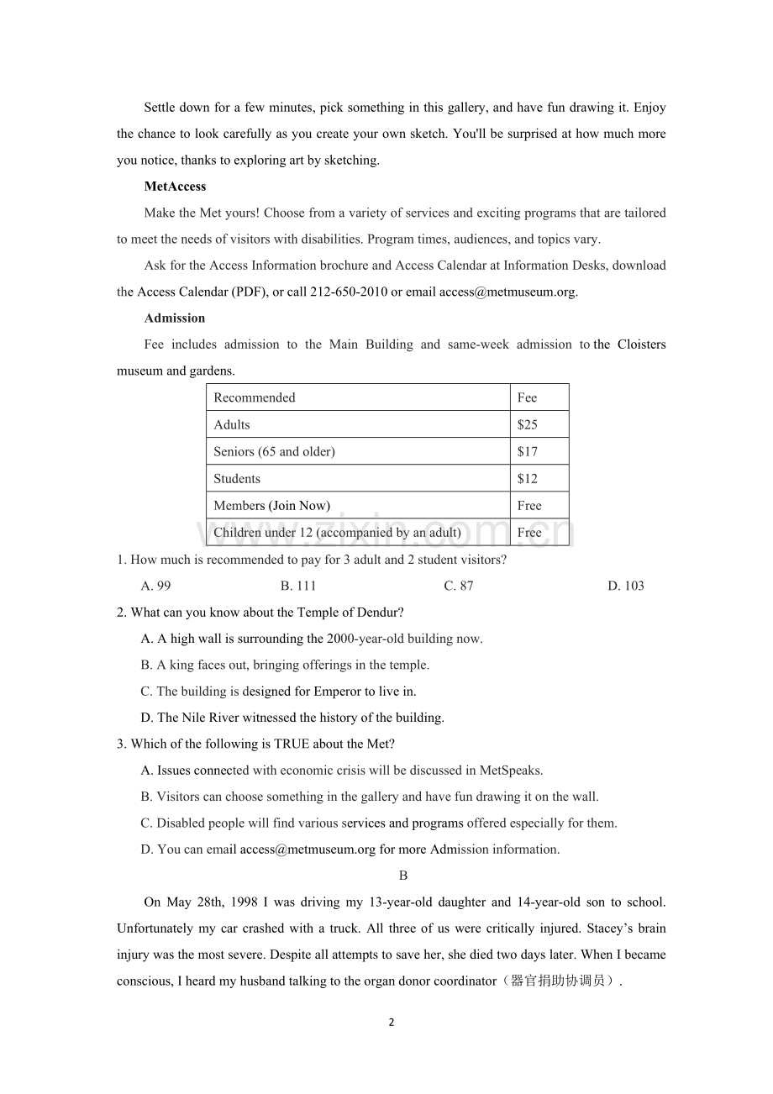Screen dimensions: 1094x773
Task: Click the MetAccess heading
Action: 175,187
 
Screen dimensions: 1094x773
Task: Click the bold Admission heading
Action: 174,318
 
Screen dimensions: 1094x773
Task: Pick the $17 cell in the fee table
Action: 527,451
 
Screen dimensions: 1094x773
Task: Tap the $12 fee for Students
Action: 527,478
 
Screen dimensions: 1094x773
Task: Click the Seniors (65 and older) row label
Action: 274,451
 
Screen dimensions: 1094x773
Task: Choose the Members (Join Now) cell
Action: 271,505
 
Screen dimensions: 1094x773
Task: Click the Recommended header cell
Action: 255,397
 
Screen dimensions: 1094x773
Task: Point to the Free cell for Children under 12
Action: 529,532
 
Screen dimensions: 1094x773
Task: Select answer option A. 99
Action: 156,586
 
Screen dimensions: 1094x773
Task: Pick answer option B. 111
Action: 298,586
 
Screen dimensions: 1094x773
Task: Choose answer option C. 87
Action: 459,586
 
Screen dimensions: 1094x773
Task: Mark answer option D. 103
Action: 626,586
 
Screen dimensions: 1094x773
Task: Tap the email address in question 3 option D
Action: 308,849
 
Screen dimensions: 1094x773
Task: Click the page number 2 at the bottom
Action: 392,1023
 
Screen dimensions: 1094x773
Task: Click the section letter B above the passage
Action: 403,876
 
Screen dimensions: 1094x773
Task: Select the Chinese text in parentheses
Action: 558,981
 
